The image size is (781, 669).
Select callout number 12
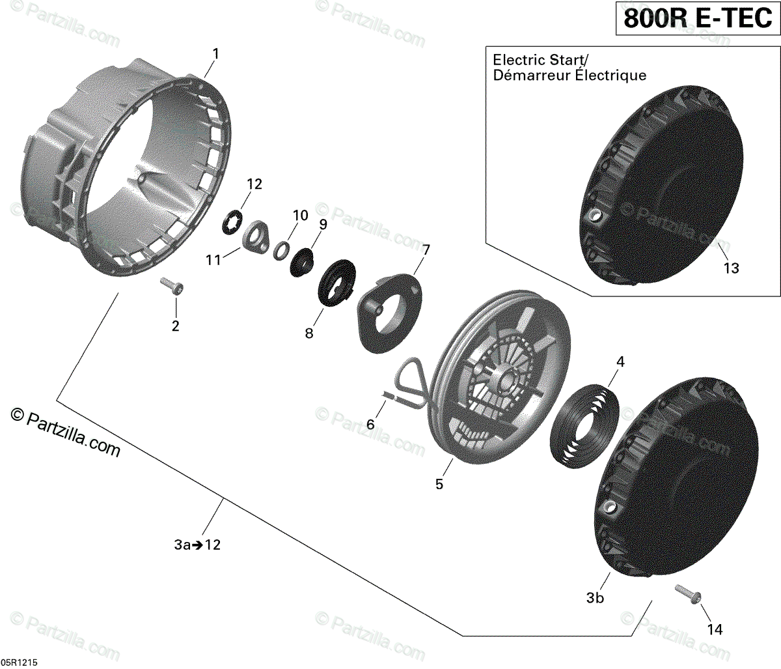[254, 184]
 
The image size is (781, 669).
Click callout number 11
[214, 261]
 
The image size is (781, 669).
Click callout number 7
[426, 250]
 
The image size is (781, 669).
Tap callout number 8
[309, 333]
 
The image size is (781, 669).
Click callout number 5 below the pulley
[439, 484]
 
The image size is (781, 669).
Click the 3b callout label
[595, 597]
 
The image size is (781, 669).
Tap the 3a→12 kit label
[197, 545]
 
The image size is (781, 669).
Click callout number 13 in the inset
[732, 268]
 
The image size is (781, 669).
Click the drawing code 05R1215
[20, 662]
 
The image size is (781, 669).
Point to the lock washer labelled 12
[232, 222]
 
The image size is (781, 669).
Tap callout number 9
[323, 223]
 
